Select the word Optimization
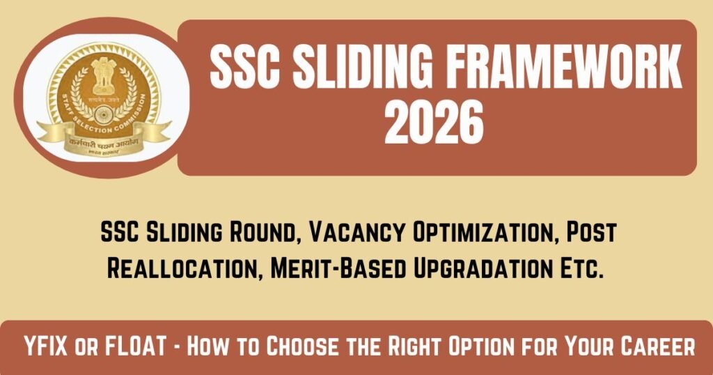[475, 234]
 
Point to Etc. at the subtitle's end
[579, 267]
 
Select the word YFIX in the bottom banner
[52, 346]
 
